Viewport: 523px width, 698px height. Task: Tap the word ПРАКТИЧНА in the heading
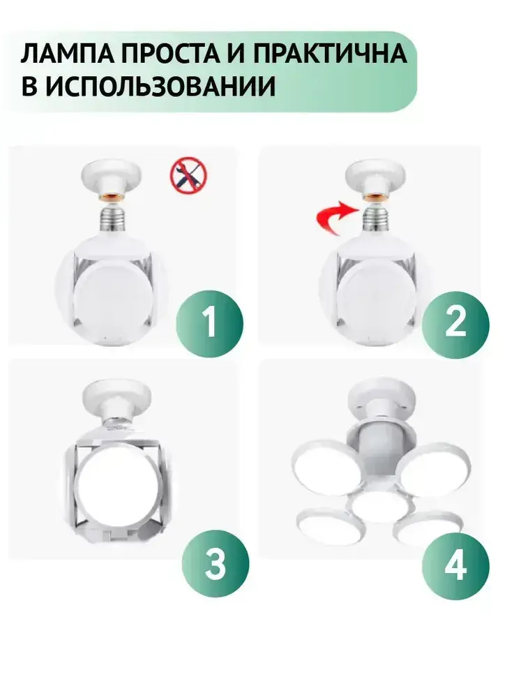[x=330, y=54]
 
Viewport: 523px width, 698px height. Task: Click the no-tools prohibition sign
[x=188, y=175]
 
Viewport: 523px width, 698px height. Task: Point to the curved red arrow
[x=331, y=217]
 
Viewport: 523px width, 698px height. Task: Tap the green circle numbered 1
[x=209, y=324]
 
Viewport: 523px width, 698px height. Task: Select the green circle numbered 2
[x=455, y=324]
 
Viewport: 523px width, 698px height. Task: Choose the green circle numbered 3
[x=215, y=564]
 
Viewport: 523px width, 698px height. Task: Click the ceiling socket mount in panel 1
[x=111, y=180]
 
